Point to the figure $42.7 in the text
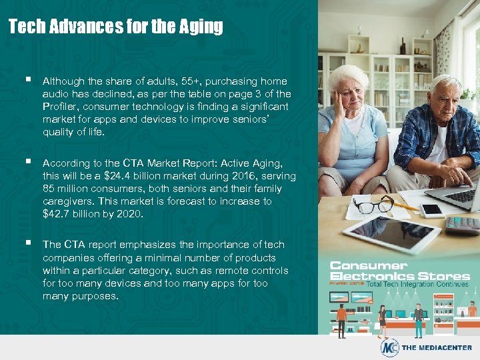(x=57, y=214)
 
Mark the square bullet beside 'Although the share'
(x=26, y=80)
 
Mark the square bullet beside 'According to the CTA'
(x=26, y=162)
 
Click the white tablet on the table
(x=391, y=233)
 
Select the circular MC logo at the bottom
(x=390, y=347)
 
